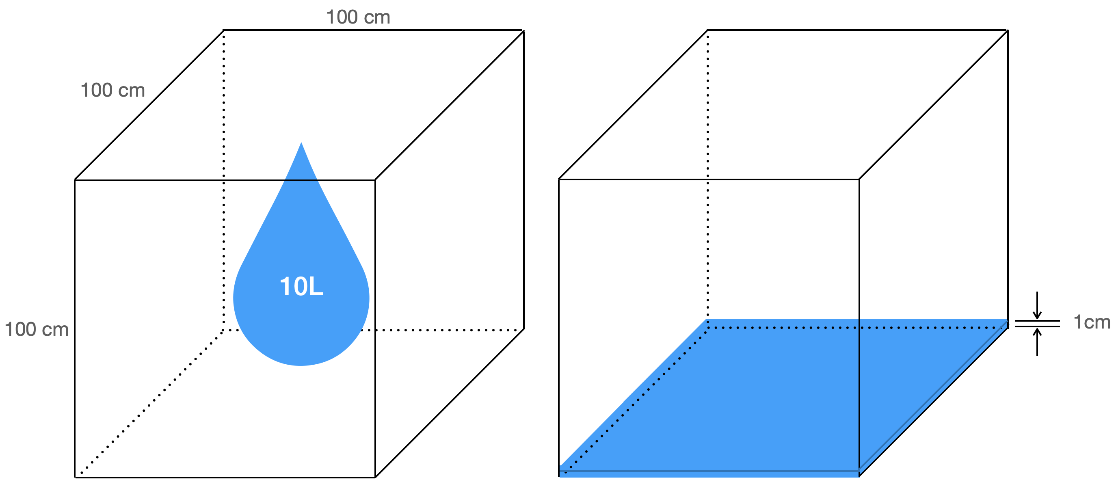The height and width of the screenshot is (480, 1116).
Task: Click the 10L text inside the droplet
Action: tap(301, 287)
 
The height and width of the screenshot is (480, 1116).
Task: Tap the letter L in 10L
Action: tap(316, 287)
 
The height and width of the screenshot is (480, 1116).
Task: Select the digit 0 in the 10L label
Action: tap(299, 287)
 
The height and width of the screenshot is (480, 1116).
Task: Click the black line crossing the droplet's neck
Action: tap(301, 180)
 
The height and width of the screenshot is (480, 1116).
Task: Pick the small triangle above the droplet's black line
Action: tap(301, 167)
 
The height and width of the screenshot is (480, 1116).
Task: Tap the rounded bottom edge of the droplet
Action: tap(301, 364)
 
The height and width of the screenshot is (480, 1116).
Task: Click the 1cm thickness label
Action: tap(1092, 322)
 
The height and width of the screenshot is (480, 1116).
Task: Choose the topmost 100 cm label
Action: tap(358, 17)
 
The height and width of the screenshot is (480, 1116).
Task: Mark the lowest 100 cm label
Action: tap(37, 330)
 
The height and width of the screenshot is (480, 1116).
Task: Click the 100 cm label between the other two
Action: tap(112, 90)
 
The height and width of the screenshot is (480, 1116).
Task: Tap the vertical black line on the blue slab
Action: tap(859, 390)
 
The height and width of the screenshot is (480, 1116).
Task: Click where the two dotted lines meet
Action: tap(707, 327)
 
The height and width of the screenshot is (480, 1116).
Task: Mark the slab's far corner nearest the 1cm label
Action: tap(1007, 322)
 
